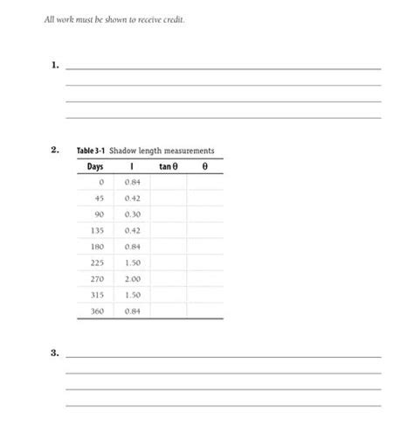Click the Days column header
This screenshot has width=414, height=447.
(x=95, y=166)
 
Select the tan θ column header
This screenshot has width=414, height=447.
(x=168, y=166)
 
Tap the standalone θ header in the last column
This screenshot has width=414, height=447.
(x=204, y=166)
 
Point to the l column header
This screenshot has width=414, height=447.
(x=132, y=166)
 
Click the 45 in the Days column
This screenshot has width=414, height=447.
(x=99, y=198)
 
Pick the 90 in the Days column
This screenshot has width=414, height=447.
(x=99, y=214)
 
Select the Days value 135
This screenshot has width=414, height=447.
(x=97, y=230)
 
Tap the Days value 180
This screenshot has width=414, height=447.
(x=97, y=247)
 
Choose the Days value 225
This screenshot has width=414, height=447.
(x=97, y=262)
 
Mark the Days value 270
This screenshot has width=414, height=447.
(x=97, y=279)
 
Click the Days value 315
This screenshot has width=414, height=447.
(x=97, y=295)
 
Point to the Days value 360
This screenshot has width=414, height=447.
(x=97, y=311)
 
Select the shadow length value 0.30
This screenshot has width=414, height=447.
(x=133, y=214)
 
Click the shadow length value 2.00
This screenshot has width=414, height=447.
(x=133, y=279)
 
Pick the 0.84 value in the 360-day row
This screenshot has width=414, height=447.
(x=133, y=311)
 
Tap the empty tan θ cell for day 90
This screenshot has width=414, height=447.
(x=168, y=214)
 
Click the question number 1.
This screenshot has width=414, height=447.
(x=55, y=65)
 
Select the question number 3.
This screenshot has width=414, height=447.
(x=55, y=353)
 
